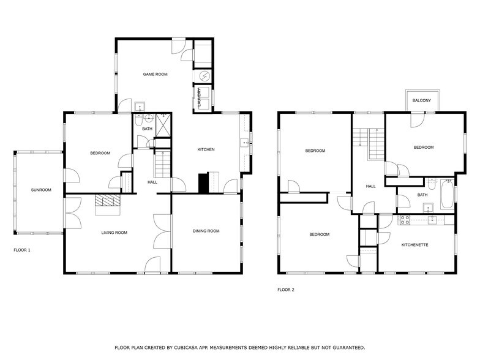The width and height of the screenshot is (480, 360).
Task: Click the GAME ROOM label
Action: tap(155, 74)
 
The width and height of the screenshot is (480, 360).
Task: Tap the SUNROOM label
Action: tap(41, 190)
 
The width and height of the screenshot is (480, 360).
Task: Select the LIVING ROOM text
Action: tap(114, 233)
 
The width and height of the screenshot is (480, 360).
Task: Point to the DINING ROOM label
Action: tap(206, 231)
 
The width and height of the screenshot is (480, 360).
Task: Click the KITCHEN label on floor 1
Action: tap(206, 149)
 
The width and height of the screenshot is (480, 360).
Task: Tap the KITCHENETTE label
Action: tap(414, 245)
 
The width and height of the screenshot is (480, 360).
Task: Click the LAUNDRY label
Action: tap(200, 98)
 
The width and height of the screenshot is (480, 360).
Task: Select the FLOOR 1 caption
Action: tap(22, 250)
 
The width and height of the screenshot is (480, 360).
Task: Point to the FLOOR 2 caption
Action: tap(286, 290)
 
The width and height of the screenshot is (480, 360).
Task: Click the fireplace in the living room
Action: tap(108, 202)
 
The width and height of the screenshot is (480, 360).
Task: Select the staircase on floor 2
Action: tap(375, 144)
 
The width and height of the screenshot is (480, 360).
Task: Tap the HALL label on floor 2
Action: tap(370, 186)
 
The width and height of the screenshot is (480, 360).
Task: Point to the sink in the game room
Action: tap(140, 104)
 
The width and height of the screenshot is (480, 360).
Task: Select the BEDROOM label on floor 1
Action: tap(100, 152)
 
